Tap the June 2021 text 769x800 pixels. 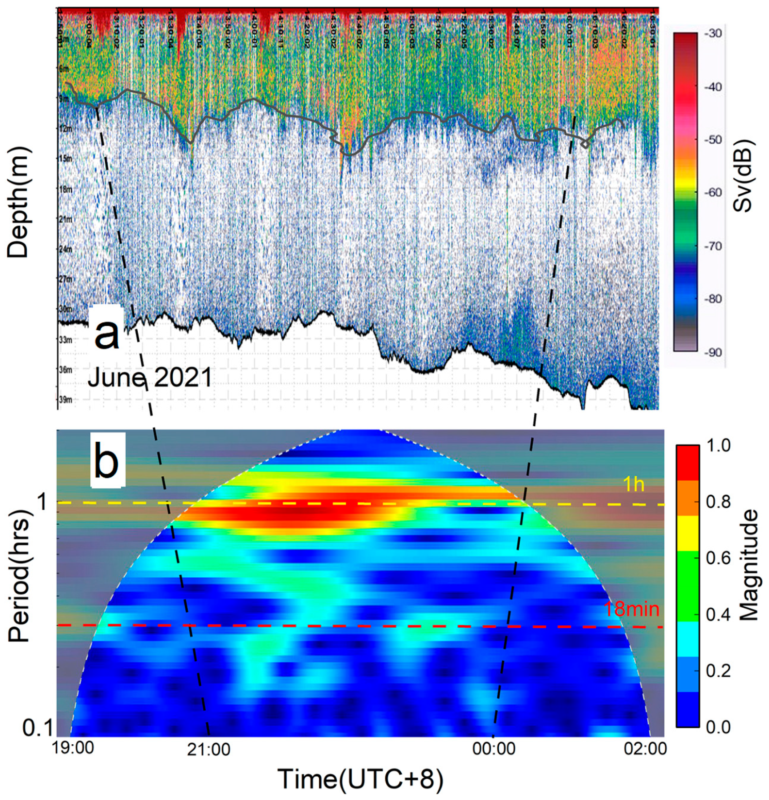[150, 377]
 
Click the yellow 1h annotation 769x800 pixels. [633, 484]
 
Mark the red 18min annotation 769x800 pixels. [631, 609]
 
